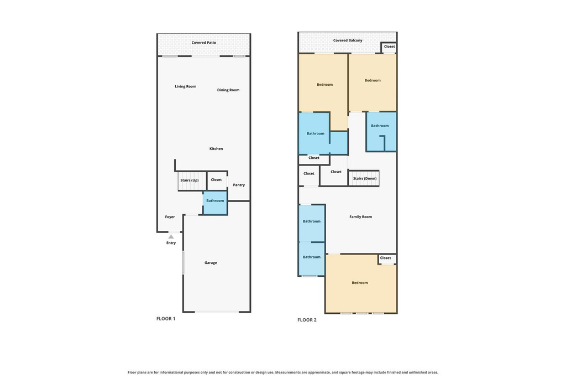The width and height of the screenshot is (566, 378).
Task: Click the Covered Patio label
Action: coord(203,43)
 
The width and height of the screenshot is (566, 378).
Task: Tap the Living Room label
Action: coord(186,86)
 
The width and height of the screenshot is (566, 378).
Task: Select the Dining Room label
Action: coord(228,90)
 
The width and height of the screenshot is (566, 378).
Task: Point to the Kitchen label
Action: coord(216,148)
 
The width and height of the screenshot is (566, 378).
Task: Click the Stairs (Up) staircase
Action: coord(192,180)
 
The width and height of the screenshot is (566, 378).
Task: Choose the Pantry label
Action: coord(239,185)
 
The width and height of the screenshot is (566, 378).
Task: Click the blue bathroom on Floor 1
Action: coord(215,203)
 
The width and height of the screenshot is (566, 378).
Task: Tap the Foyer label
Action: coord(170,217)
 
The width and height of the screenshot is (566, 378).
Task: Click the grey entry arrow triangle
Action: coord(171,237)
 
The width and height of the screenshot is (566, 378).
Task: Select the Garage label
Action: coord(211,263)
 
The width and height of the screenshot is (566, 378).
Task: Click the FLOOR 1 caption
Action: coord(166,319)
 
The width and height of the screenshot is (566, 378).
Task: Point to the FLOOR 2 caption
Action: coord(307,320)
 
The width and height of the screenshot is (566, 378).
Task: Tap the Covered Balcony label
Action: coord(348,40)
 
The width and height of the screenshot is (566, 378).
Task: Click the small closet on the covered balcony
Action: coord(389,48)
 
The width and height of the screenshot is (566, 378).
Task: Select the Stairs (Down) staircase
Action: coord(364,179)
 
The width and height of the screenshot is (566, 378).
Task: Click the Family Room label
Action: coord(360,217)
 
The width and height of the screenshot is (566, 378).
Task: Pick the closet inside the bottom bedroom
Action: coord(387,259)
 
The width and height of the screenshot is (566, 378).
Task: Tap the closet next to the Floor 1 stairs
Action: coord(217,180)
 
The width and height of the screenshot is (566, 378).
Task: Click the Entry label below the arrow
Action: coord(171,243)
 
